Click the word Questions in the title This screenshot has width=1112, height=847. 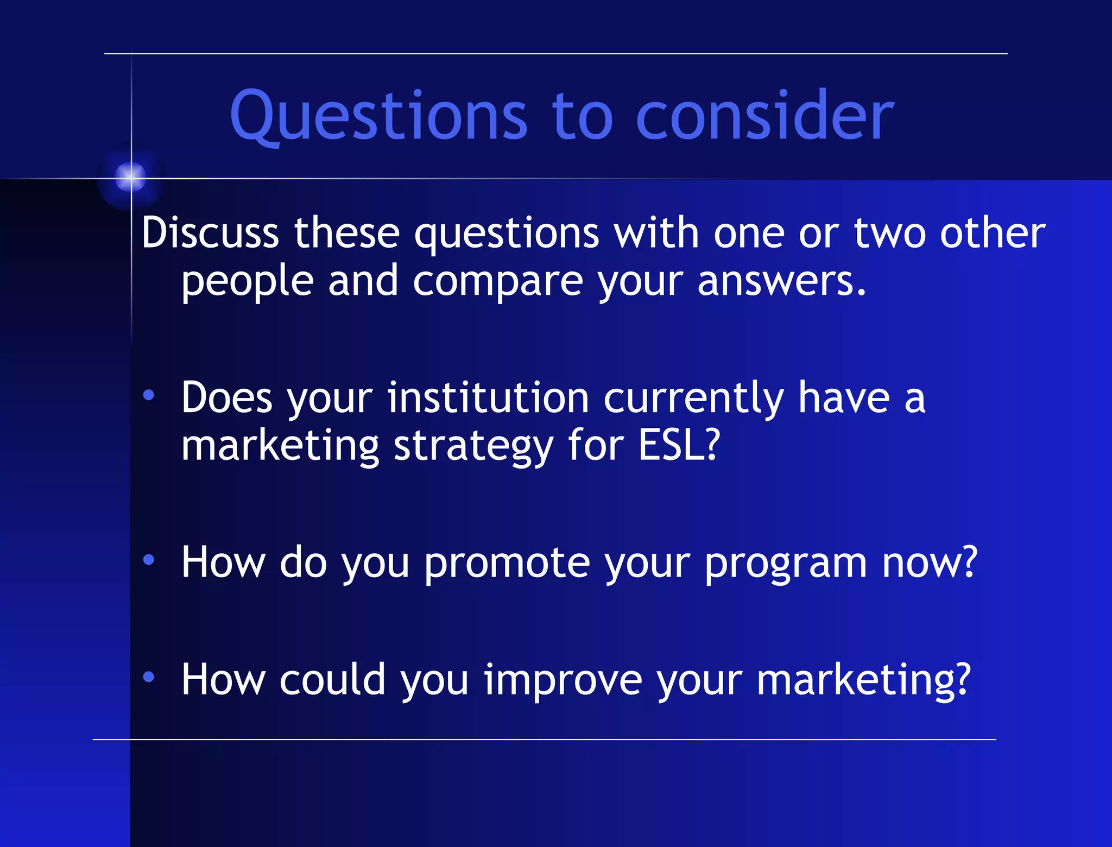378,115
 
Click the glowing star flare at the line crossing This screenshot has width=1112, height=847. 131,176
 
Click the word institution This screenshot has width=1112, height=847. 488,397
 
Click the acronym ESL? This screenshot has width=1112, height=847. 679,445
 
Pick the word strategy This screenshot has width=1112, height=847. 473,447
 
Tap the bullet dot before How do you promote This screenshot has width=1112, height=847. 149,560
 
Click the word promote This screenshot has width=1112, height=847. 507,564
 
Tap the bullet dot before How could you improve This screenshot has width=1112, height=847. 149,677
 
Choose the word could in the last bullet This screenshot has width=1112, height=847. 332,679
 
